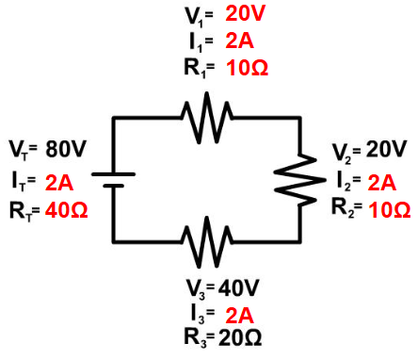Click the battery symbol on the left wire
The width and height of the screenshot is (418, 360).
(114, 179)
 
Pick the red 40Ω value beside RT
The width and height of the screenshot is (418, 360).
(66, 210)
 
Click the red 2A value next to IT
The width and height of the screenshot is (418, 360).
(59, 180)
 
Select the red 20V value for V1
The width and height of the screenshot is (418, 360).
(245, 15)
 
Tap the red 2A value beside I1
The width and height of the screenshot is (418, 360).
(239, 41)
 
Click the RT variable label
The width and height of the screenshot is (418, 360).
(22, 210)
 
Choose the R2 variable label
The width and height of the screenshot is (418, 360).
(345, 209)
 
